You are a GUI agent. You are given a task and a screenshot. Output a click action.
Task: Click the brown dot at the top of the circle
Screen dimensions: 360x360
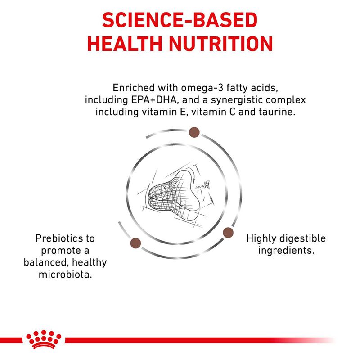coord(194,132)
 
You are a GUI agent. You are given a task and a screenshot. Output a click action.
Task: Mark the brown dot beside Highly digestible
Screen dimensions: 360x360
coord(228,233)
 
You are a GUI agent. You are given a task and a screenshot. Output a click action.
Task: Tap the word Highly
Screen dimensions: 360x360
coord(261,238)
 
